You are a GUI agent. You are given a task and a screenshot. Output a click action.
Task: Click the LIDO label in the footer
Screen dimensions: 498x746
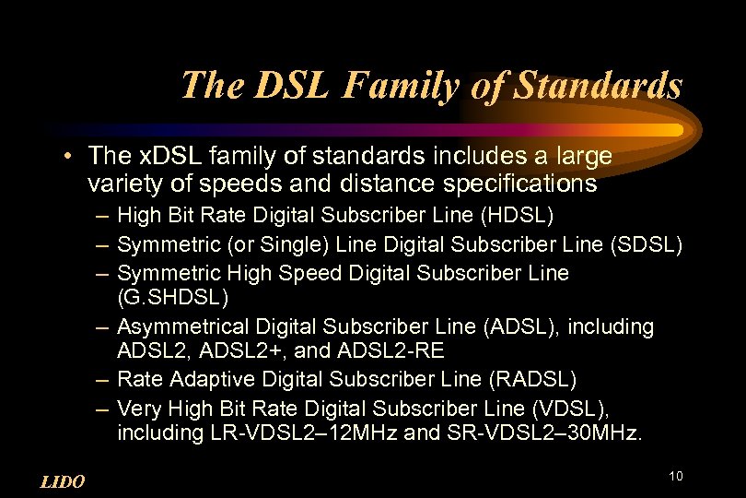(x=64, y=482)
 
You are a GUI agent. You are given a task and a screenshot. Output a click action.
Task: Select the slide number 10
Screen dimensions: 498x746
(x=676, y=476)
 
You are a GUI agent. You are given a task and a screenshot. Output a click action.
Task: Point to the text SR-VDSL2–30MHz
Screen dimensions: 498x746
(x=563, y=433)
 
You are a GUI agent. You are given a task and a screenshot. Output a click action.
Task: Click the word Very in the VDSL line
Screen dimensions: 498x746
(x=137, y=407)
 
